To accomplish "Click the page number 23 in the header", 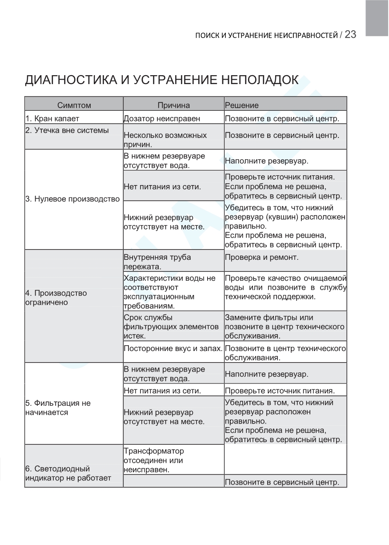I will click(350, 35).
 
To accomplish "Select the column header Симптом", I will click(74, 105).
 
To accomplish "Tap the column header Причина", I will click(173, 105).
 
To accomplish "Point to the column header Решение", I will click(241, 105).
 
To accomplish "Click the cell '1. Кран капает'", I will click(52, 119).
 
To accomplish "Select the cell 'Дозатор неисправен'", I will click(162, 119).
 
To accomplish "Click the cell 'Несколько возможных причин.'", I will click(165, 140).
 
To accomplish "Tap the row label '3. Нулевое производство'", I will click(72, 199).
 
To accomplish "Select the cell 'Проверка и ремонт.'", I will click(261, 258).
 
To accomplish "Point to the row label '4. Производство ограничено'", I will click(56, 298).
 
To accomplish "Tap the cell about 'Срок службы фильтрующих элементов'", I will click(171, 327).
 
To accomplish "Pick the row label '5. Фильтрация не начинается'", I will click(58, 408).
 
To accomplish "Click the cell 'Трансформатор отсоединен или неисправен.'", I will click(153, 460).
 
